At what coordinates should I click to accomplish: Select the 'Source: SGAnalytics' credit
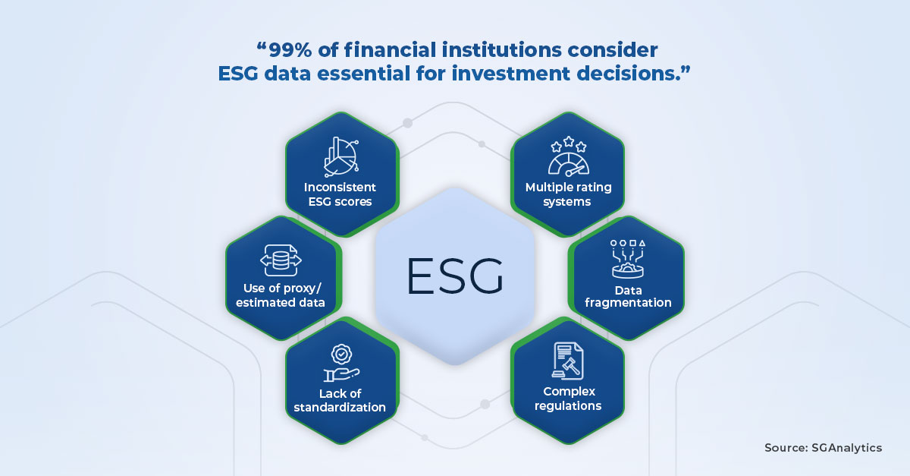pyautogui.click(x=823, y=448)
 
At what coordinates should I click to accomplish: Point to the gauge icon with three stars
pyautogui.click(x=568, y=157)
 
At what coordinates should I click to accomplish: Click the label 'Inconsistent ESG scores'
pyautogui.click(x=340, y=194)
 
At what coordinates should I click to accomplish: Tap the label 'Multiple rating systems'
pyautogui.click(x=568, y=194)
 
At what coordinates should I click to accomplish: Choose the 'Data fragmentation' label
pyautogui.click(x=628, y=295)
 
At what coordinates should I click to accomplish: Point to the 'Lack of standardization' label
pyautogui.click(x=340, y=399)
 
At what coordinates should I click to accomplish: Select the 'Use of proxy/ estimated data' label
pyautogui.click(x=281, y=295)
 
